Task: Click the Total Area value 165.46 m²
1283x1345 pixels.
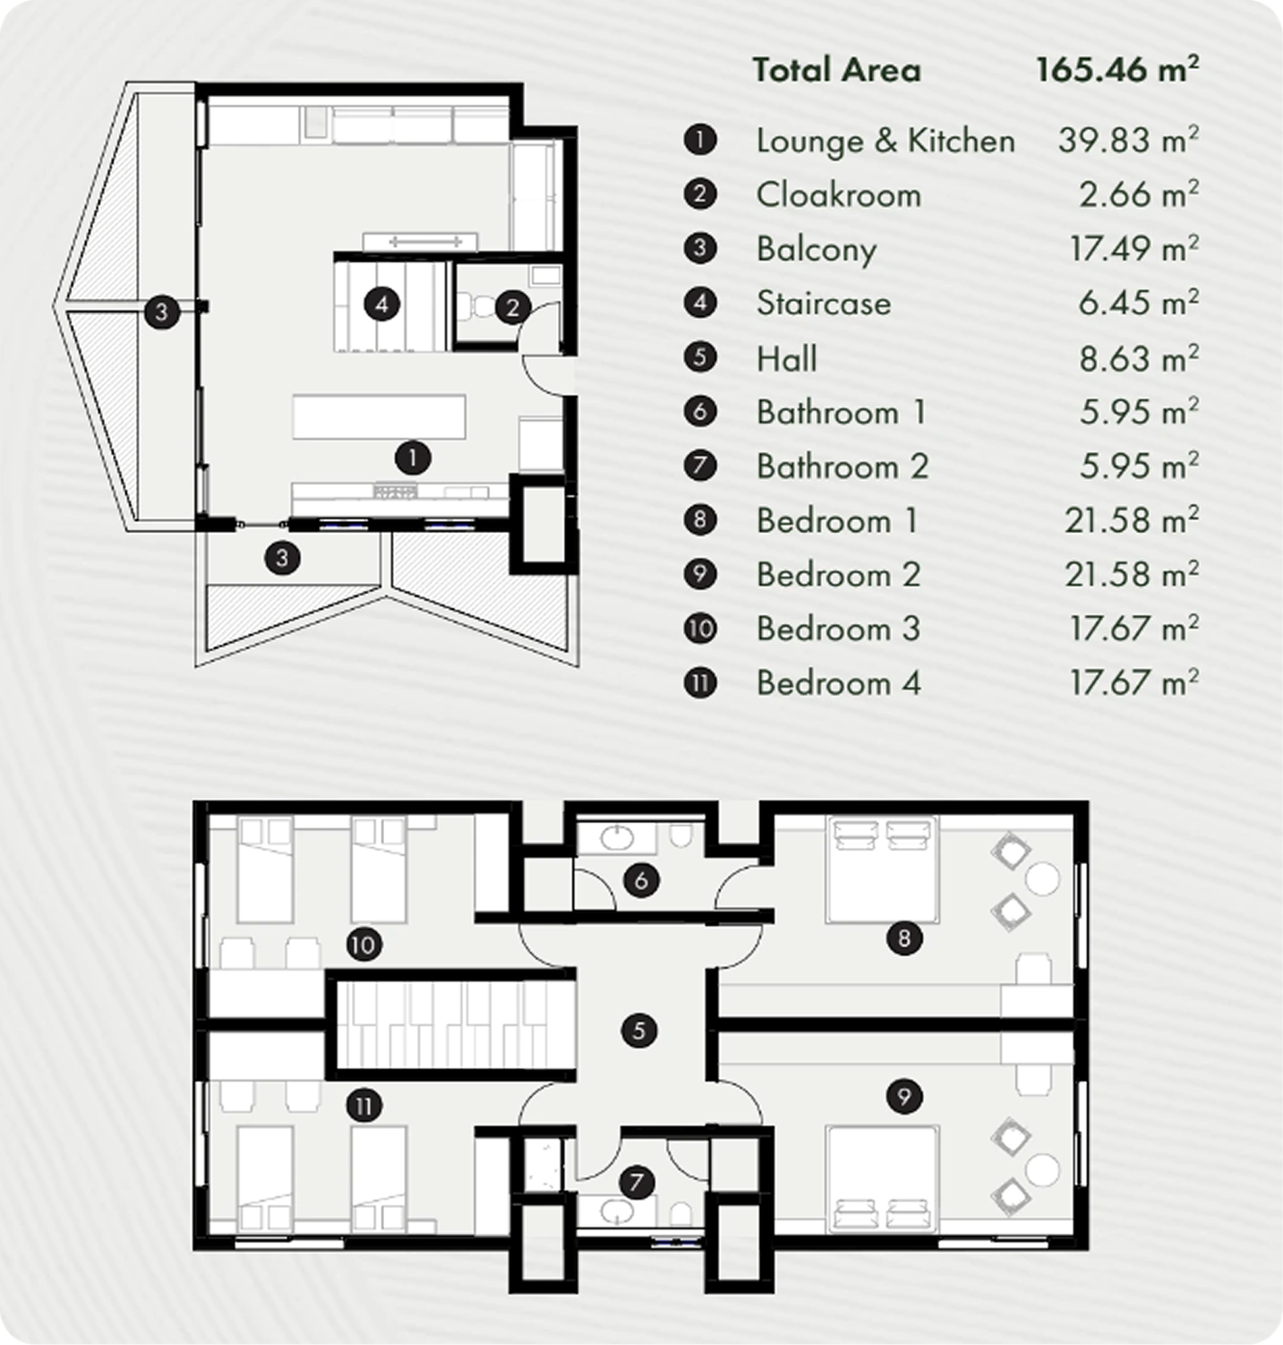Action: click(x=1117, y=70)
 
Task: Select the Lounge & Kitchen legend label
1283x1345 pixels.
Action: click(x=885, y=141)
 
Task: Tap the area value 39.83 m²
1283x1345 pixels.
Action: click(x=1128, y=141)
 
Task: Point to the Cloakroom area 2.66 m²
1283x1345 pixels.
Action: click(x=1138, y=195)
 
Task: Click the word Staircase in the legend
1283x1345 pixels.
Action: click(x=824, y=304)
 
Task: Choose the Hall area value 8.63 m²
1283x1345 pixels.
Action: click(x=1138, y=358)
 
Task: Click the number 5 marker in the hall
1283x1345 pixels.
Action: click(x=639, y=1031)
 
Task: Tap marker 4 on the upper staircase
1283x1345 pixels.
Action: click(x=382, y=305)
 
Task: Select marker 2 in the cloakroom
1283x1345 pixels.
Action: click(x=513, y=307)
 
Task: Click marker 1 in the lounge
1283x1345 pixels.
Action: click(x=413, y=458)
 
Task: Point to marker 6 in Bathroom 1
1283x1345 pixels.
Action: click(x=641, y=881)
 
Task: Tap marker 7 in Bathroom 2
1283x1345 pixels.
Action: click(x=637, y=1182)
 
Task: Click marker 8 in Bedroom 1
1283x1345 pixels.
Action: click(x=905, y=938)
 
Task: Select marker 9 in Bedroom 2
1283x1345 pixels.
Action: click(x=905, y=1096)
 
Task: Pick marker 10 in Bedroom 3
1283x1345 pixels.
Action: click(x=363, y=945)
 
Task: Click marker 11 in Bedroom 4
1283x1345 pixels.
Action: click(x=363, y=1107)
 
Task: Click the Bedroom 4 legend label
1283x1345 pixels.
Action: click(x=838, y=684)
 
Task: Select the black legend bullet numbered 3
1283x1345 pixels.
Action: click(x=700, y=248)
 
